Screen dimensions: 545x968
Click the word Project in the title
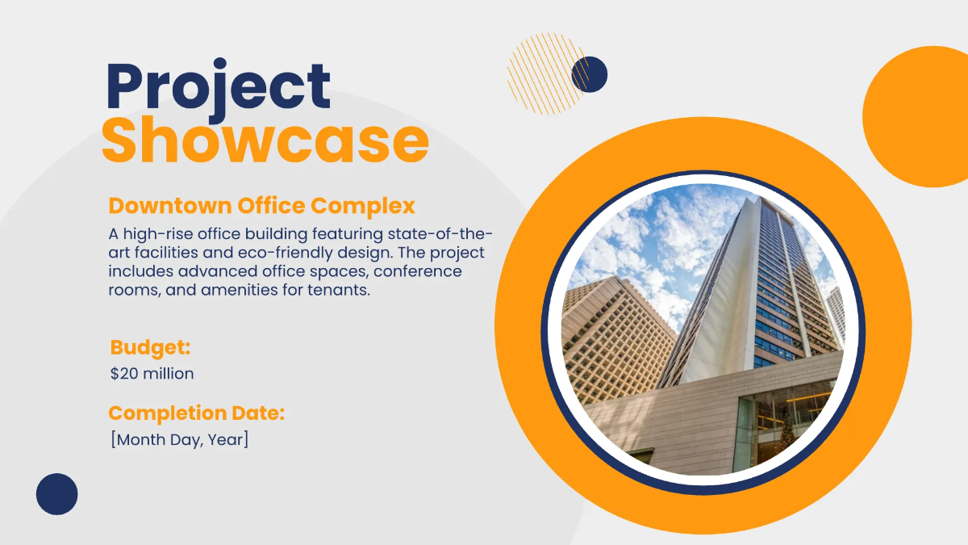click(x=219, y=86)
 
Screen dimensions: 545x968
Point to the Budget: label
click(x=150, y=348)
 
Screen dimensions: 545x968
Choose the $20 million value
click(x=152, y=374)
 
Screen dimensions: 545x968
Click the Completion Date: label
click(x=196, y=413)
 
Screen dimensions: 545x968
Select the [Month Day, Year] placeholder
click(x=180, y=440)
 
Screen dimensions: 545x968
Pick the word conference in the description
click(x=421, y=271)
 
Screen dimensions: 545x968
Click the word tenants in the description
click(x=338, y=291)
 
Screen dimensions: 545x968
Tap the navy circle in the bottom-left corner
click(x=57, y=493)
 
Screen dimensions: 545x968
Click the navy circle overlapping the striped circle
click(x=590, y=74)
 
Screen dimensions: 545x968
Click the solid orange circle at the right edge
click(x=920, y=117)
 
